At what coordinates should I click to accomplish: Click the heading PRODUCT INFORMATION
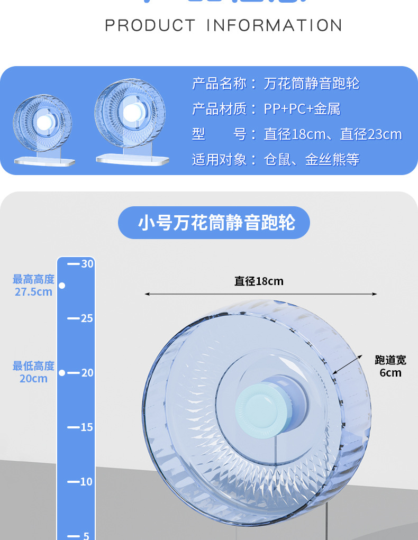(x=223, y=25)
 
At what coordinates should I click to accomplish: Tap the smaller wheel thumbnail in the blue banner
(x=42, y=127)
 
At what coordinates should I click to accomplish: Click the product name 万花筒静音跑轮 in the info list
(x=311, y=84)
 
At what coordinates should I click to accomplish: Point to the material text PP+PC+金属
(x=302, y=109)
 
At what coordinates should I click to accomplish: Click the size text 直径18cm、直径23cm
(x=332, y=134)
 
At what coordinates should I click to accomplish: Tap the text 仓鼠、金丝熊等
(x=311, y=160)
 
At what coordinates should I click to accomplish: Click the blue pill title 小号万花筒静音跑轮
(x=214, y=223)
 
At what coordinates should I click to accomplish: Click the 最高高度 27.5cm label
(x=34, y=285)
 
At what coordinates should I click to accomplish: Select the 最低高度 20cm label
(x=34, y=372)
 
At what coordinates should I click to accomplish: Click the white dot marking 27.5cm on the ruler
(x=62, y=286)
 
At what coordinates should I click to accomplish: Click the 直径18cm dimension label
(x=259, y=281)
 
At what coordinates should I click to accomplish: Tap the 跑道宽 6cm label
(x=390, y=366)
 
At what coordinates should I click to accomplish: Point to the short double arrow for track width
(x=348, y=364)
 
